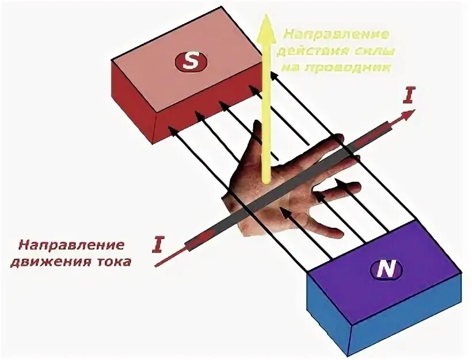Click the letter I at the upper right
pos(408,95)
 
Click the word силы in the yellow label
pos(377,51)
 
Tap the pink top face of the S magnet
pos(190,63)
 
